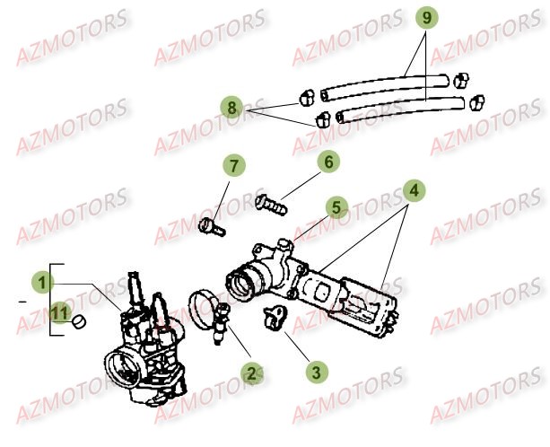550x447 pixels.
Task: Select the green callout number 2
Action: click(x=251, y=372)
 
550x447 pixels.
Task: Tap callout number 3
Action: click(x=313, y=369)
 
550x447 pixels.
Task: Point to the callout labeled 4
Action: click(x=413, y=190)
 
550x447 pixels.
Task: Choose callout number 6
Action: click(x=328, y=162)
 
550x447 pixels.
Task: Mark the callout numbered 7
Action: click(x=234, y=167)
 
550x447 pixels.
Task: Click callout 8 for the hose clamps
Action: click(x=233, y=108)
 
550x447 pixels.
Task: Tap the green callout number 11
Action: click(x=59, y=312)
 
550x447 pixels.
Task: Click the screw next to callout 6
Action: click(x=272, y=203)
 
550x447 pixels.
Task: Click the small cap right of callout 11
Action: click(x=79, y=320)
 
